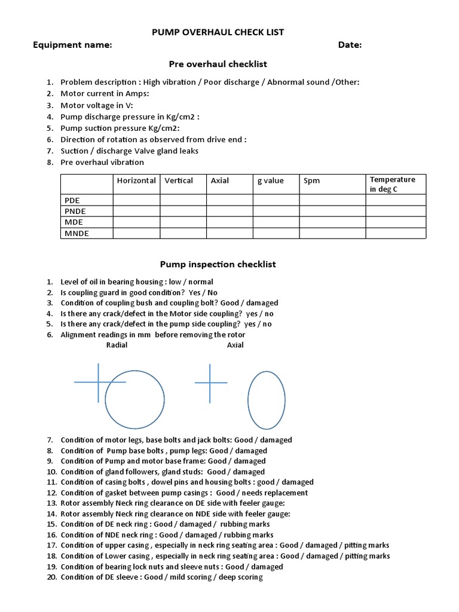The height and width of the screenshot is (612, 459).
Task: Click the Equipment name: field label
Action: click(72, 45)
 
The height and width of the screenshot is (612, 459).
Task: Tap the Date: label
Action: click(350, 45)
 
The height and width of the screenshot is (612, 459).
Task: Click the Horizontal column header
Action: click(136, 180)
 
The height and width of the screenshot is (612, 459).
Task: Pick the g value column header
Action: click(271, 180)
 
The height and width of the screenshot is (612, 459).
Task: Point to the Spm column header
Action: click(311, 180)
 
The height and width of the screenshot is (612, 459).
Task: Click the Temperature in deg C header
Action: click(392, 184)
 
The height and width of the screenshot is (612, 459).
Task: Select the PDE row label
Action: click(72, 201)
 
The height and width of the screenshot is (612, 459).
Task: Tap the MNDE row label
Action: click(76, 233)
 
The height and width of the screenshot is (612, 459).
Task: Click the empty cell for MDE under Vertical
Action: click(183, 222)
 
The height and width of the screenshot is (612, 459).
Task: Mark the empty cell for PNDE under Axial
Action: click(229, 212)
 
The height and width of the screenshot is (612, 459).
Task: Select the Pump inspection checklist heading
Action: click(218, 264)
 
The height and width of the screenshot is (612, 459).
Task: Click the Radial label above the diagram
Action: click(117, 345)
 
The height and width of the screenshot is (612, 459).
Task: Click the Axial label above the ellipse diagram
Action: click(235, 345)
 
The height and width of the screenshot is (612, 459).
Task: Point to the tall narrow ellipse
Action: click(266, 400)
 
